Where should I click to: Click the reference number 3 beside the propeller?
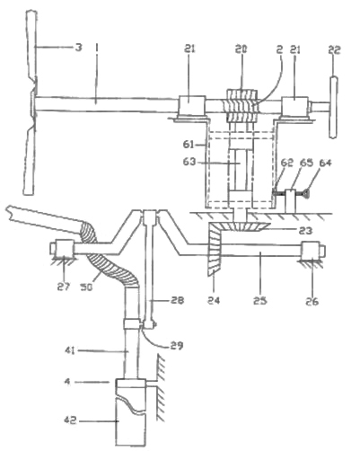(x=78, y=47)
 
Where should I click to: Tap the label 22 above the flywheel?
(x=334, y=49)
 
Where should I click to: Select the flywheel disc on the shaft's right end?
(x=333, y=107)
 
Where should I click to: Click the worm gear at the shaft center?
(x=241, y=106)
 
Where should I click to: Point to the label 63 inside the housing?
(x=189, y=162)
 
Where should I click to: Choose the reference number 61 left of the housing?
(x=189, y=145)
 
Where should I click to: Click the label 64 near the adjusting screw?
(x=325, y=164)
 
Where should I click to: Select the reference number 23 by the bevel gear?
(x=306, y=230)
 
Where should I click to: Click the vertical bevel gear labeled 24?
(x=215, y=249)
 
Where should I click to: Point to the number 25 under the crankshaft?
(x=259, y=300)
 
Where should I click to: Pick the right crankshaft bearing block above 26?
(x=313, y=251)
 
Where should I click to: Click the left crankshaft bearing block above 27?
(x=62, y=248)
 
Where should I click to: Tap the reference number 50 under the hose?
(x=86, y=287)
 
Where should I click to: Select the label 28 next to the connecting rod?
(x=177, y=300)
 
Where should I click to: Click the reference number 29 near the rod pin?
(x=177, y=345)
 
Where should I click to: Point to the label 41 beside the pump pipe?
(x=69, y=349)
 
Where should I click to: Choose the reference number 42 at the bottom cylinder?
(x=70, y=420)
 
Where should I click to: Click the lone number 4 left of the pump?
(x=68, y=382)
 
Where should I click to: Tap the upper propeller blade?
(x=31, y=48)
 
